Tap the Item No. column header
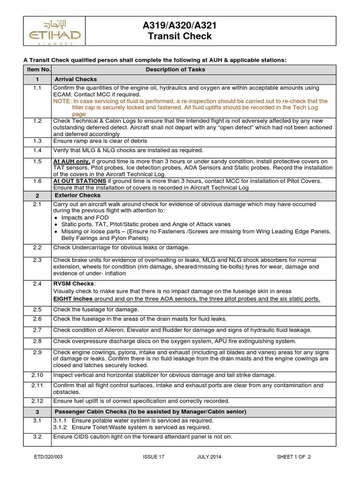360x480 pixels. (37, 69)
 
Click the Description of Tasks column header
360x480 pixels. (175, 69)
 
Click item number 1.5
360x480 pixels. (37, 161)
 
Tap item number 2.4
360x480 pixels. (37, 283)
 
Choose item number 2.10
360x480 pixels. (37, 375)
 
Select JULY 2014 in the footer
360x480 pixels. (210, 457)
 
